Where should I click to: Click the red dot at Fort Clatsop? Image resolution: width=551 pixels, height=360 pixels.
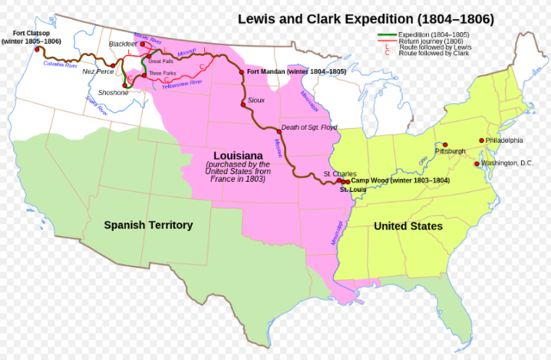point(38,49)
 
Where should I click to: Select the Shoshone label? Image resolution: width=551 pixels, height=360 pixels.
point(114,92)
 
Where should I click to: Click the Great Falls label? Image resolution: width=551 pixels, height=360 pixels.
point(161,62)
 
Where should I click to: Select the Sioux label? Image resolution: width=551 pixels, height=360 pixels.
point(256,101)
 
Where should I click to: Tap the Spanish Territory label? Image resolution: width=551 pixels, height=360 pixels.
point(148,225)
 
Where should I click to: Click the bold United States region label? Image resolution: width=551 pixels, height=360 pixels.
point(408,226)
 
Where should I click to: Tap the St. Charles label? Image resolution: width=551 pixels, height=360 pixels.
point(337,174)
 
